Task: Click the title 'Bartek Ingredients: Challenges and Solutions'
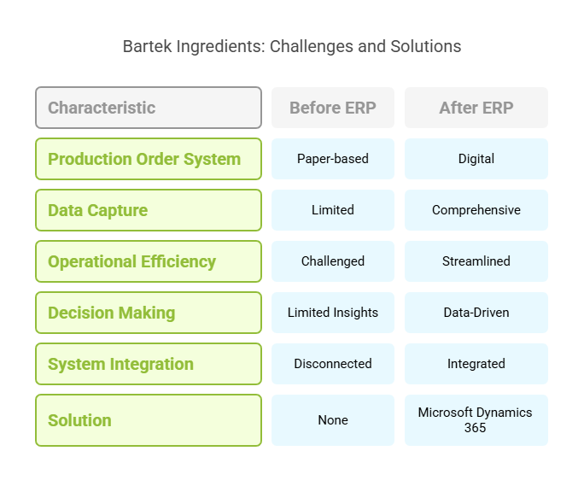tap(292, 47)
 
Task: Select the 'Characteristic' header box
tap(149, 108)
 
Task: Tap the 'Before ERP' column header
tap(333, 108)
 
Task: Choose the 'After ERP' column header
tap(476, 108)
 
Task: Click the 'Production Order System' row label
tap(149, 159)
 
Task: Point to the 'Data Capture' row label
tap(149, 210)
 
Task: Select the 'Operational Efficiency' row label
tap(149, 261)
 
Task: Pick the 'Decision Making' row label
tap(149, 313)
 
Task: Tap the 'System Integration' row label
tap(149, 364)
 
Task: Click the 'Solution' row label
tap(149, 420)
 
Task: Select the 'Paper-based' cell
tap(333, 159)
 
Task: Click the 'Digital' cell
tap(476, 159)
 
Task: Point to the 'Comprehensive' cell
tap(476, 210)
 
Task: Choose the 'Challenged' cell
tap(333, 261)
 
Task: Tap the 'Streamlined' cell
tap(476, 261)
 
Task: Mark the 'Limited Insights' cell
tap(333, 313)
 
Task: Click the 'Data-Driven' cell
tap(476, 313)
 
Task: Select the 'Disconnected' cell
tap(333, 364)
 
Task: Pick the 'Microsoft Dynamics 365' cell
tap(476, 420)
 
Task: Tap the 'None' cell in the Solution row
tap(333, 420)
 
